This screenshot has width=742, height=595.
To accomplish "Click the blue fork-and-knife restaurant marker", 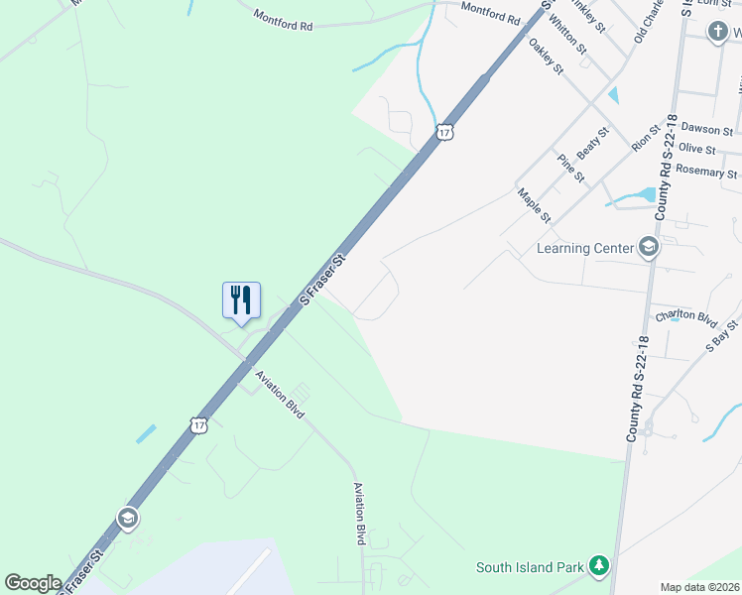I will [x=241, y=300].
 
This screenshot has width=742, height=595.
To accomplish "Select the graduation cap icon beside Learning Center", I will [x=649, y=247].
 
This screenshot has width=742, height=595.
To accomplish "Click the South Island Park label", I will [x=529, y=567].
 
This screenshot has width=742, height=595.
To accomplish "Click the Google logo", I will [x=33, y=582].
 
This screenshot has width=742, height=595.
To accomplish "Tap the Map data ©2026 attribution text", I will [x=699, y=587].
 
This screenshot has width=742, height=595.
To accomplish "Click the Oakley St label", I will [x=546, y=57].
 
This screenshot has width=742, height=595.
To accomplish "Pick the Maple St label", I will [x=534, y=205].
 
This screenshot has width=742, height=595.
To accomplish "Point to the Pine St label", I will [x=571, y=169].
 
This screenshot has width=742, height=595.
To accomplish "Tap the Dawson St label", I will [x=707, y=130].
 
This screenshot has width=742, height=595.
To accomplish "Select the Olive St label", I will [x=697, y=149].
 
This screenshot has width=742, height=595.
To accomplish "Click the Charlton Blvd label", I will [x=685, y=317].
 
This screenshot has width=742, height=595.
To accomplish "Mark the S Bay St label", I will [x=722, y=336].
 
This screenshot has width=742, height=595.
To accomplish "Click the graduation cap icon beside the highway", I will [x=127, y=519].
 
